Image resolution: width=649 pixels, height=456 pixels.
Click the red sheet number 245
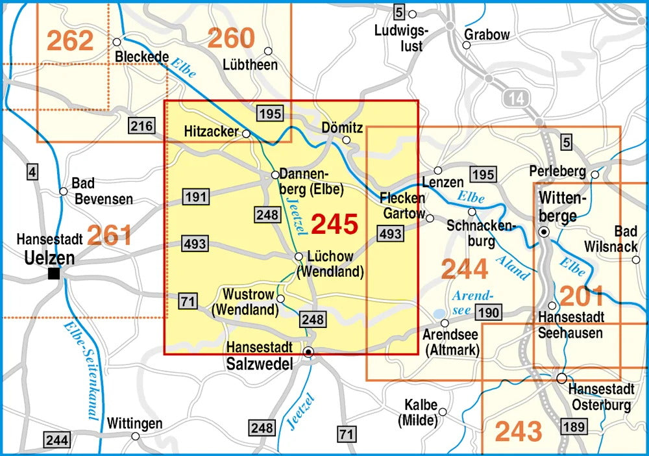tap(334, 224)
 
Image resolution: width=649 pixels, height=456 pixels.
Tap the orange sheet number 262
tap(70, 40)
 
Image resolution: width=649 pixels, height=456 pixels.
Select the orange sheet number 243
tap(519, 431)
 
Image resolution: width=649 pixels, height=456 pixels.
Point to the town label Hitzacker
tap(211, 131)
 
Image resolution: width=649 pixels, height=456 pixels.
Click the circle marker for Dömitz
tap(347, 140)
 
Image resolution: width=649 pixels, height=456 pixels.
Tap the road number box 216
tap(141, 125)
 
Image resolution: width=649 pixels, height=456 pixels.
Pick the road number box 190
tap(488, 312)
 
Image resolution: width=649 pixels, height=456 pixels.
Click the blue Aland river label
tap(513, 268)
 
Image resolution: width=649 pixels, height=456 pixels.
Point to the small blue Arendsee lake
tap(440, 312)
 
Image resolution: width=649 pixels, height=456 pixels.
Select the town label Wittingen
tap(134, 424)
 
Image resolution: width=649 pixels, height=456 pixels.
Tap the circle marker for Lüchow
tap(299, 257)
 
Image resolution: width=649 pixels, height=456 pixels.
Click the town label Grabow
tap(487, 34)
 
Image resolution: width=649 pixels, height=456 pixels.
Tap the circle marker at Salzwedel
tap(309, 352)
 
